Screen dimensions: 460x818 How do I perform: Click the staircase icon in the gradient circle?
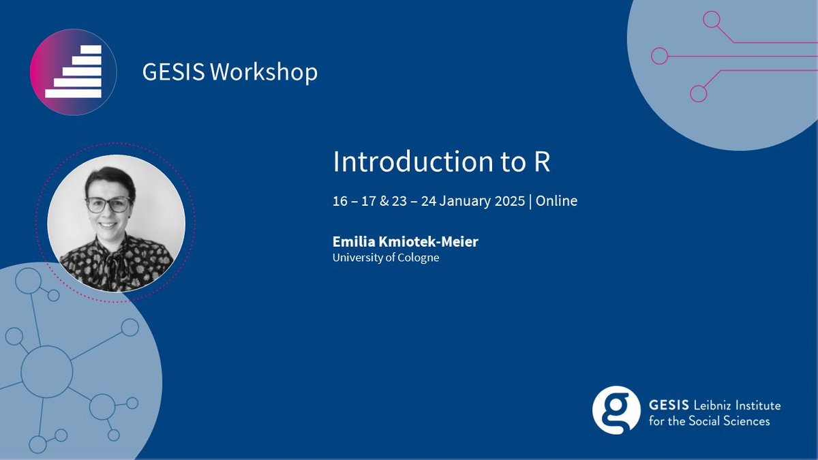(74, 72)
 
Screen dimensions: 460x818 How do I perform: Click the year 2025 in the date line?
(509, 201)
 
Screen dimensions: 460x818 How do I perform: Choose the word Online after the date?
(556, 201)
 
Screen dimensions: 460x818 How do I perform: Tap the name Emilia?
(352, 242)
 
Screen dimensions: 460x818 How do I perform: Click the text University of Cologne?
(386, 258)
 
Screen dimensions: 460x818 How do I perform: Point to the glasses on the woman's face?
(108, 204)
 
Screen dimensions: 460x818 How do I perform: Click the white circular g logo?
(616, 410)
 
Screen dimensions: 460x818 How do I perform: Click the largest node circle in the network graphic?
(46, 371)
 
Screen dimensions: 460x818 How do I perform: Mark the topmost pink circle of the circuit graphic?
(711, 20)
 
